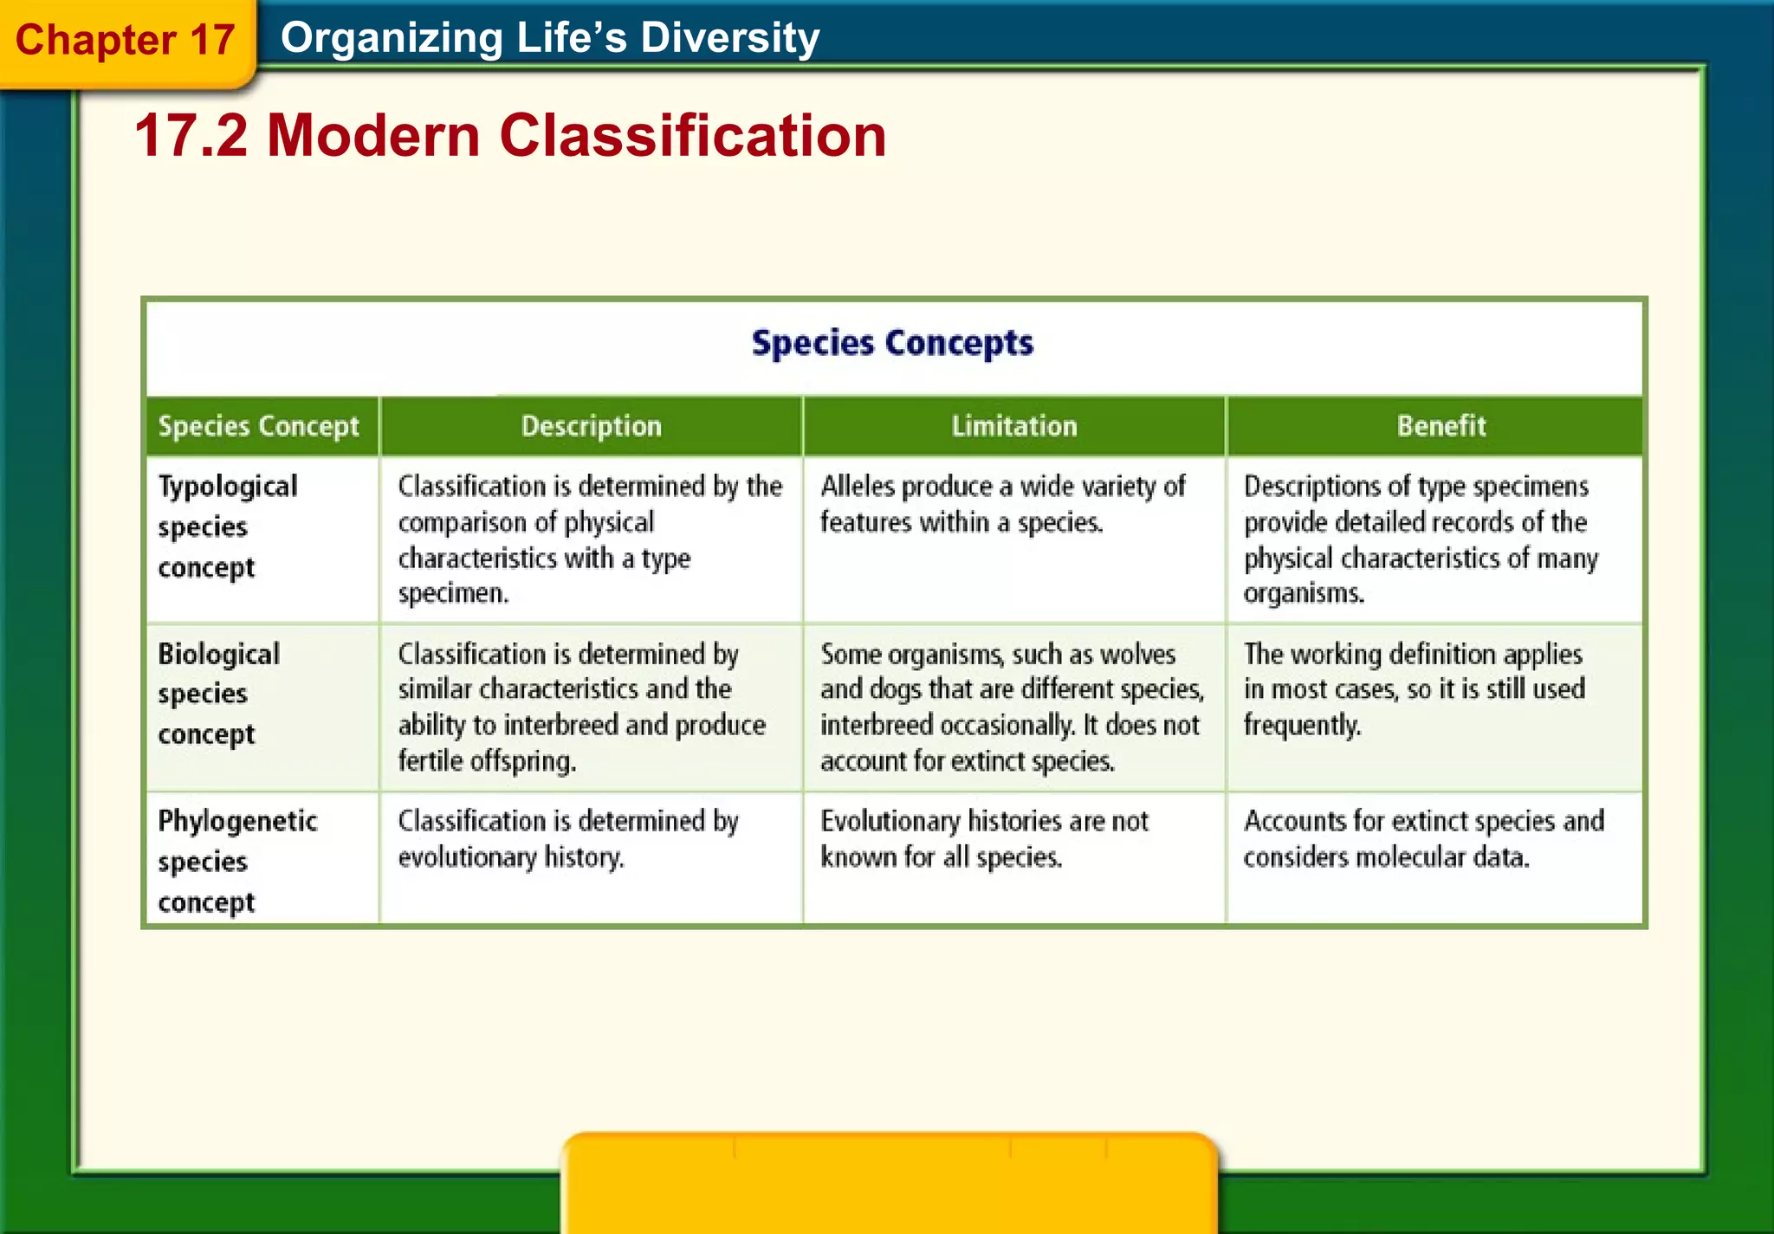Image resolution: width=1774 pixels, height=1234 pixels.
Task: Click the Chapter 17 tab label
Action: (x=125, y=40)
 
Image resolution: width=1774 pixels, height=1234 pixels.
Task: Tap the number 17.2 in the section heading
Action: (x=191, y=136)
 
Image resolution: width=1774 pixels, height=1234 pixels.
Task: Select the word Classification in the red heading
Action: (x=693, y=136)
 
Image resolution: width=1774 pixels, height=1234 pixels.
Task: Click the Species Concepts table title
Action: (x=892, y=343)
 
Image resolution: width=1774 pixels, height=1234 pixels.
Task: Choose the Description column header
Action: (x=591, y=426)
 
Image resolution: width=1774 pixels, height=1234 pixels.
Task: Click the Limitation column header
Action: (x=1013, y=426)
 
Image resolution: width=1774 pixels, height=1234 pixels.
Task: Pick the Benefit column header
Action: (x=1441, y=426)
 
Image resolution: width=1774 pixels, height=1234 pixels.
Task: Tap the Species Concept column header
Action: (x=258, y=426)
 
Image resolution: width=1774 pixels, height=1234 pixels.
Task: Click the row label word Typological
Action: (x=227, y=487)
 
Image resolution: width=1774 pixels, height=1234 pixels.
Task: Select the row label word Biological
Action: (x=218, y=654)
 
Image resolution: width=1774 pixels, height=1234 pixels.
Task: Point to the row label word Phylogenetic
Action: (x=237, y=821)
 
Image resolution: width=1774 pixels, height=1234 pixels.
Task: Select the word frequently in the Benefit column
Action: (x=1302, y=726)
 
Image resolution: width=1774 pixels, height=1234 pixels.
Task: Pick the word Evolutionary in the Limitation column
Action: (x=890, y=821)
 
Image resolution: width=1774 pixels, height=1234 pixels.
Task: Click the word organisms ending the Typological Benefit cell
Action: (x=1303, y=594)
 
